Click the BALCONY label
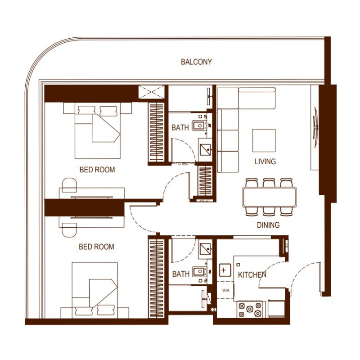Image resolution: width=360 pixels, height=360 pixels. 196,62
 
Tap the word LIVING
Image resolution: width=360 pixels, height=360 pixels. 265,162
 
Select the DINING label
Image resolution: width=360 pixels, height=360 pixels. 268,225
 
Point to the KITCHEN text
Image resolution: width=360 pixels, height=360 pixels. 252,274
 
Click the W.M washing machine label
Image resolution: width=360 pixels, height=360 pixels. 225,290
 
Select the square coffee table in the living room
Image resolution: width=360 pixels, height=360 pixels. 264,140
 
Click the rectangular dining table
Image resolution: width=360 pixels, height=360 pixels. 270,197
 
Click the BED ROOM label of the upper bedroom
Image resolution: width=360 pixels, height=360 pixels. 97,170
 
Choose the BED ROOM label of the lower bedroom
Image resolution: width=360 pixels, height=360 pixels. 96,247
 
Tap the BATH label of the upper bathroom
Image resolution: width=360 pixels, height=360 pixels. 180,128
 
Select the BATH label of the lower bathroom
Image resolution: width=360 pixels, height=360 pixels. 180,274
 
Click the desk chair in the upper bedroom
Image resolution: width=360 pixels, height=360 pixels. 69,184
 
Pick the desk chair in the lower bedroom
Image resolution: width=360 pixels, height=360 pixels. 69,229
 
